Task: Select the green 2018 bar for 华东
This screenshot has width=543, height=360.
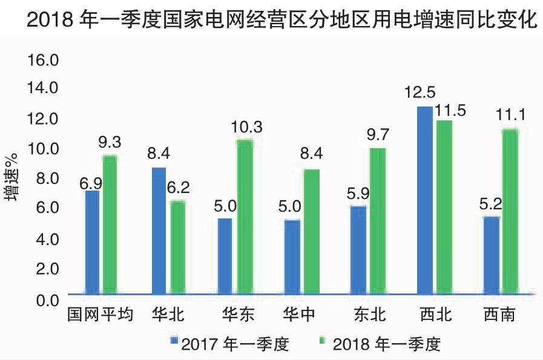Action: (245, 217)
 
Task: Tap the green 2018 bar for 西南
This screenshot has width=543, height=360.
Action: (510, 212)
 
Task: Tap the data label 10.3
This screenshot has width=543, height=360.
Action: (246, 126)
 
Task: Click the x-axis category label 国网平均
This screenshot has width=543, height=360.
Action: (100, 315)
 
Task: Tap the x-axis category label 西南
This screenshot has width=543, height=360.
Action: (500, 315)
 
